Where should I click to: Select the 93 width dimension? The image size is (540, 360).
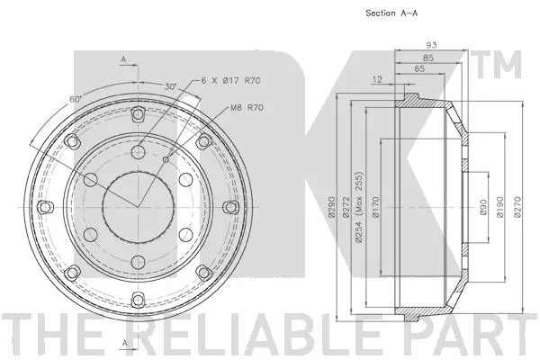[x=432, y=46]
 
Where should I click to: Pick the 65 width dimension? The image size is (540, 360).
[x=419, y=68]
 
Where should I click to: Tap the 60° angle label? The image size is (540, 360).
[x=75, y=98]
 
